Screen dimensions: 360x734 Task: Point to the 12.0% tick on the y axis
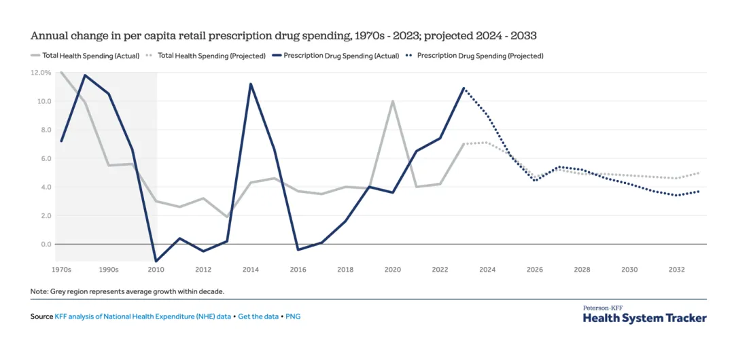[x=41, y=72]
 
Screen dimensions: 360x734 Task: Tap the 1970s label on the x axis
[x=61, y=270]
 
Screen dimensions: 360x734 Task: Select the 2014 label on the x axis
[x=251, y=270]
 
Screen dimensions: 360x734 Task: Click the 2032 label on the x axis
[x=677, y=270]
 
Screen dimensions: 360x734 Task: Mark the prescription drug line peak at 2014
[x=251, y=84]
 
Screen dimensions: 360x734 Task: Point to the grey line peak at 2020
[x=393, y=101]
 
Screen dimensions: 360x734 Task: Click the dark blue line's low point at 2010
[x=156, y=261]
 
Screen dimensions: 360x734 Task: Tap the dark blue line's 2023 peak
[x=464, y=88]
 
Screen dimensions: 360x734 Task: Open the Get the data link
[x=258, y=317]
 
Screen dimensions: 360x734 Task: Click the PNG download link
[x=293, y=317]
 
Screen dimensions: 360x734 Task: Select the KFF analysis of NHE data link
[x=143, y=317]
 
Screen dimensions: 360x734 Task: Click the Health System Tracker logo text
[x=644, y=318]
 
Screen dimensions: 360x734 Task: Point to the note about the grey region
[x=127, y=291]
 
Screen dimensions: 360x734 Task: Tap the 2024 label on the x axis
[x=487, y=270]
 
